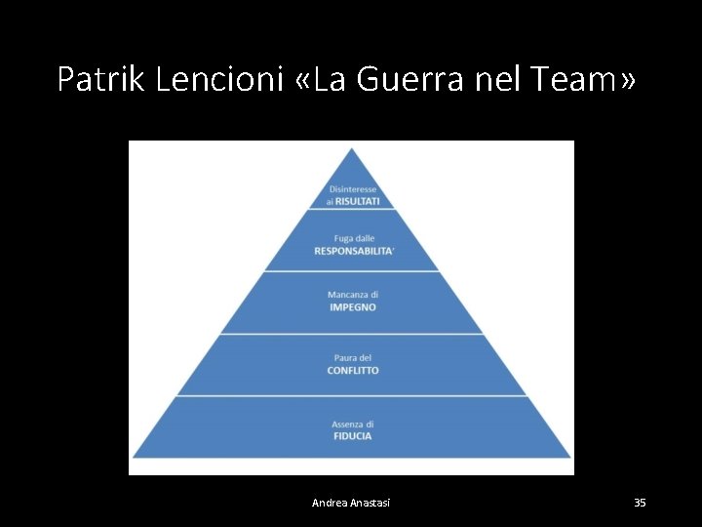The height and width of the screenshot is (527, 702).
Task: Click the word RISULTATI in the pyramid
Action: coord(357,200)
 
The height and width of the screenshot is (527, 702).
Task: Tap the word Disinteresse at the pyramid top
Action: coord(352,188)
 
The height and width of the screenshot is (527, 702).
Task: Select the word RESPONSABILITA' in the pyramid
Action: coord(354,251)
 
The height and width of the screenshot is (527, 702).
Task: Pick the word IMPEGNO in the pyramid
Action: coord(352,307)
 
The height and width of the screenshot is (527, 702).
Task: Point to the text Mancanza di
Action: coord(352,295)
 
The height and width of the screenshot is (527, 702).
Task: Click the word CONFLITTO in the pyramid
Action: coord(352,371)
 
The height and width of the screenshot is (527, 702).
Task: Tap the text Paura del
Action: coord(352,358)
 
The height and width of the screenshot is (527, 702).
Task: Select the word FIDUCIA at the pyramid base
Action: coord(352,436)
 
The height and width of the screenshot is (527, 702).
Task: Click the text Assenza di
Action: coord(352,424)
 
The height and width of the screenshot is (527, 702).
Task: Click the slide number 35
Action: coord(640,503)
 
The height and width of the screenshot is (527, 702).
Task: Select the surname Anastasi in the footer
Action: coord(370,503)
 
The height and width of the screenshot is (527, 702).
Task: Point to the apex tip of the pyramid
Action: coord(352,149)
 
